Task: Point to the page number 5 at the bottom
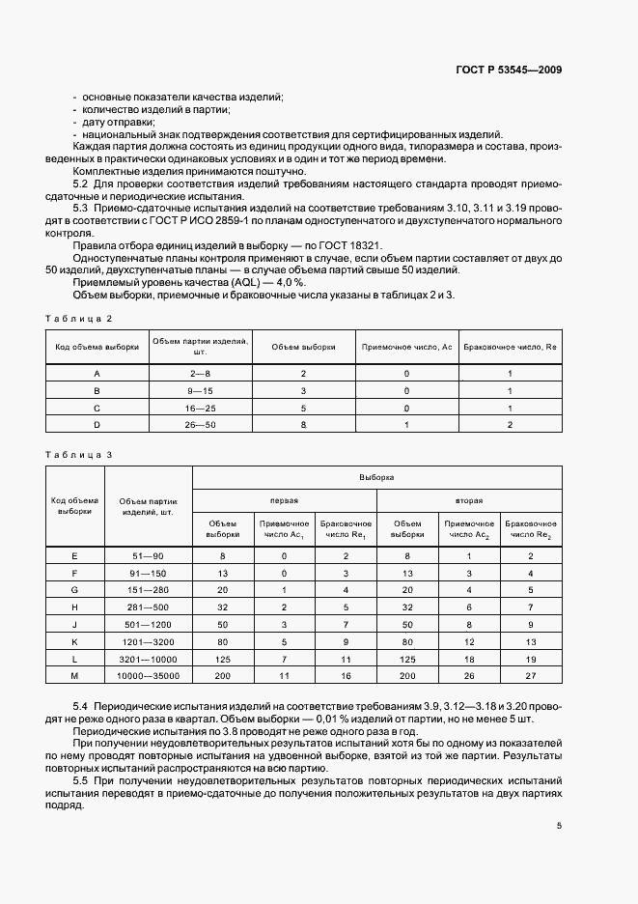click(x=559, y=826)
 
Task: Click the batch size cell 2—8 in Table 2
click(x=200, y=372)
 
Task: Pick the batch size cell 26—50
click(x=200, y=425)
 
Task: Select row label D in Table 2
click(x=97, y=425)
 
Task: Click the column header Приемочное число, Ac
click(x=406, y=346)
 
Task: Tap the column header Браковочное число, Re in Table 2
click(x=510, y=346)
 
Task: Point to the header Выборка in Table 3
click(x=376, y=477)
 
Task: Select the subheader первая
click(x=284, y=501)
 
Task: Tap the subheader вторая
click(x=469, y=501)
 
